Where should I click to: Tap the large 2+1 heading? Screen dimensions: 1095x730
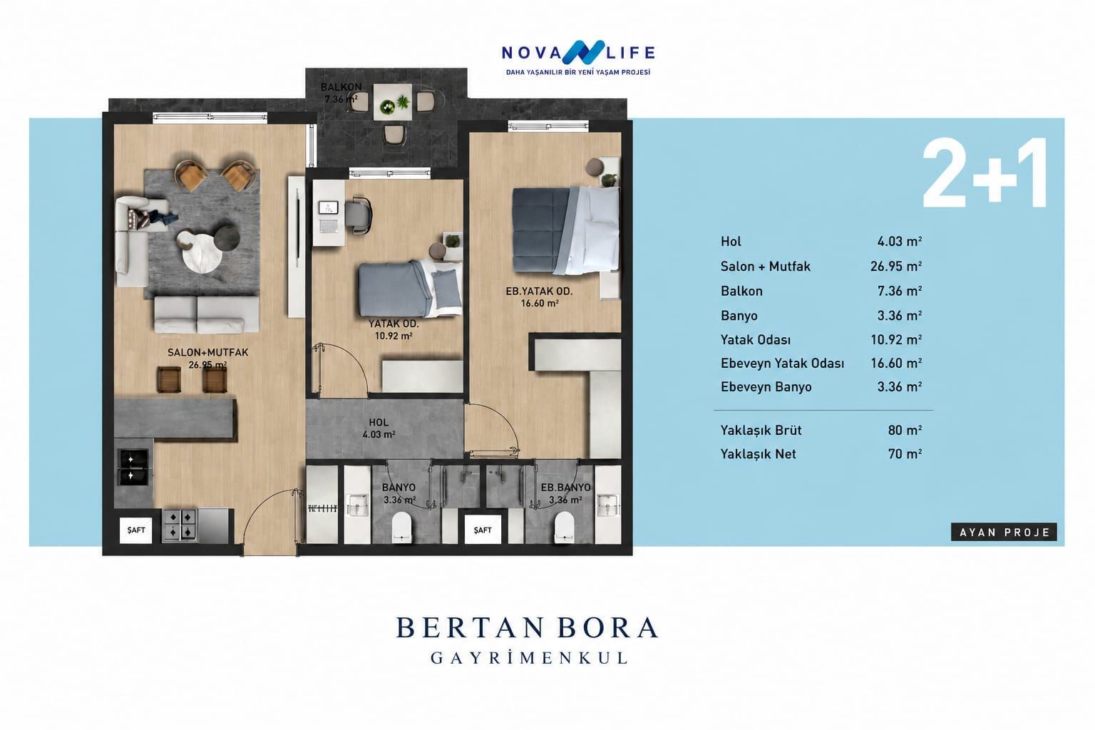pos(985,173)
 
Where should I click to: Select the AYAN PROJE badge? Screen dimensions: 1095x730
pos(1004,532)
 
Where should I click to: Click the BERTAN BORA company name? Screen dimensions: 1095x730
pos(527,628)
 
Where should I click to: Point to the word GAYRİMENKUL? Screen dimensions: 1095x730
pos(529,658)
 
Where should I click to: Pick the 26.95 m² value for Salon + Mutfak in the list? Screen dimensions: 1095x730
pos(896,266)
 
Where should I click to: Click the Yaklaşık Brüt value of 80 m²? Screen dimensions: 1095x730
pos(905,431)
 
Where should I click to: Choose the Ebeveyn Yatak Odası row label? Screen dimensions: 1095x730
pos(782,364)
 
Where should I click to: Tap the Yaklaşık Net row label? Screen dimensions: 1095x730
pos(759,454)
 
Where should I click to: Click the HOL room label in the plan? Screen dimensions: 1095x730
pos(379,423)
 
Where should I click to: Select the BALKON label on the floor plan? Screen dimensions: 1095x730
pos(341,87)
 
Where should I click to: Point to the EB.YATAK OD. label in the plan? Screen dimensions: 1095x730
pos(539,292)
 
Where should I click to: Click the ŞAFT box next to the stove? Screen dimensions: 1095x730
pos(136,530)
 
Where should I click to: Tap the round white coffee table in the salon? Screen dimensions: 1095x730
pos(202,256)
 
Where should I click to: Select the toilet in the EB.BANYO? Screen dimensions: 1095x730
pos(565,527)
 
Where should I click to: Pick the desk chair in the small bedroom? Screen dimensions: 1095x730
pos(359,215)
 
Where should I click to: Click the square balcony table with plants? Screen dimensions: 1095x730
pos(393,102)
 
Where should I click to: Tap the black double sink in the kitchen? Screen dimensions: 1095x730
pos(133,468)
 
